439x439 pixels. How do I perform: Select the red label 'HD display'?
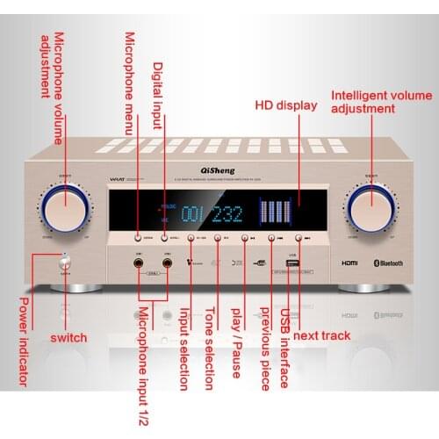[285, 105]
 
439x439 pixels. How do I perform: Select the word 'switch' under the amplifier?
[68, 337]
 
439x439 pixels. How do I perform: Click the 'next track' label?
[321, 335]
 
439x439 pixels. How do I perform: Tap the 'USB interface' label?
[284, 348]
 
